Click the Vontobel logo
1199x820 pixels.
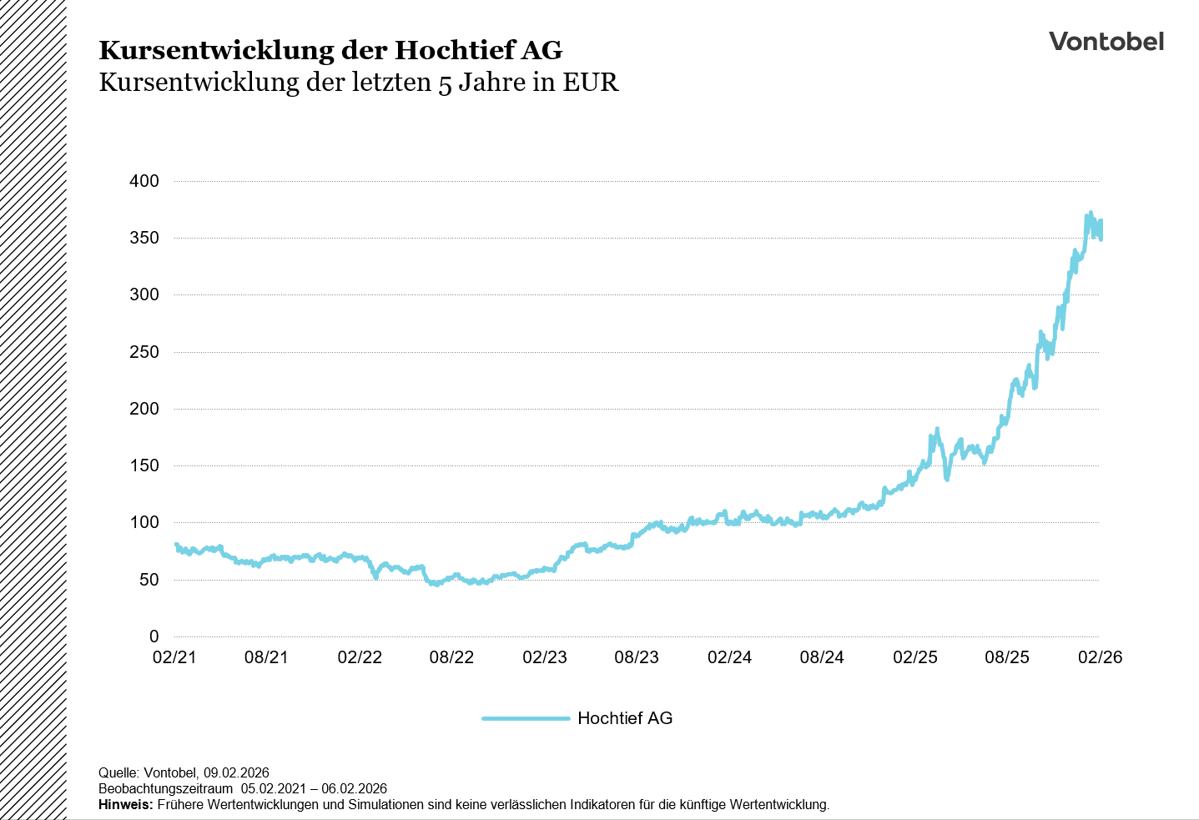1106,42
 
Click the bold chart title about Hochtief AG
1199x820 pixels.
330,50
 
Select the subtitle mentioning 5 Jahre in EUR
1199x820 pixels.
359,83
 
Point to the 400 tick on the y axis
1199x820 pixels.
144,181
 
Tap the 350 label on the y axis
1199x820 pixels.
144,238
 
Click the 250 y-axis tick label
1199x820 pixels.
144,352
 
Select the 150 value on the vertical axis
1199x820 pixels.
144,465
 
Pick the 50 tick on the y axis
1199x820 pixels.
149,580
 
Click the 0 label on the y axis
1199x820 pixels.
154,636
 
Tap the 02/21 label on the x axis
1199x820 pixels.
174,657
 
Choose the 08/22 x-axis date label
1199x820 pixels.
451,657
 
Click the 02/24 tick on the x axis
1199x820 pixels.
729,657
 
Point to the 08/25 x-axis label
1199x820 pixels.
1007,657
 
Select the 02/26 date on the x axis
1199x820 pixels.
1100,657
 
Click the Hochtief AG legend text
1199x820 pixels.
625,718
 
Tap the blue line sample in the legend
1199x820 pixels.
526,718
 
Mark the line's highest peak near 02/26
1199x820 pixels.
1091,214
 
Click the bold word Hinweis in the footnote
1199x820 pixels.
125,805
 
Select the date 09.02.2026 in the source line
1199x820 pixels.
236,772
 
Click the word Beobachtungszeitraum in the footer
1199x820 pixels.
165,788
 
